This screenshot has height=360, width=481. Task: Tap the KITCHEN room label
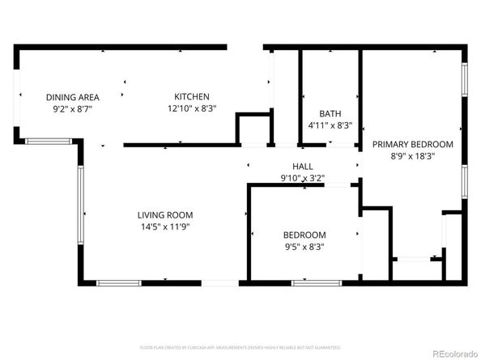click(192, 96)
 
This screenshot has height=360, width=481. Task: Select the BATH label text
click(330, 114)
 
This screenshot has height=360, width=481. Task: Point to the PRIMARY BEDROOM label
click(412, 144)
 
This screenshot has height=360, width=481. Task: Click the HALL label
click(303, 166)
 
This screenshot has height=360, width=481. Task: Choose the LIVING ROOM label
click(164, 214)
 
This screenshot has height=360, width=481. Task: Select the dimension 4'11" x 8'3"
click(330, 125)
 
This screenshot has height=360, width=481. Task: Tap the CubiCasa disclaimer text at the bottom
click(240, 347)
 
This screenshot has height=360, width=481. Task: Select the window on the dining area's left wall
click(17, 101)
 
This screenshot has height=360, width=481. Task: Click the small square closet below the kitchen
click(253, 129)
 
